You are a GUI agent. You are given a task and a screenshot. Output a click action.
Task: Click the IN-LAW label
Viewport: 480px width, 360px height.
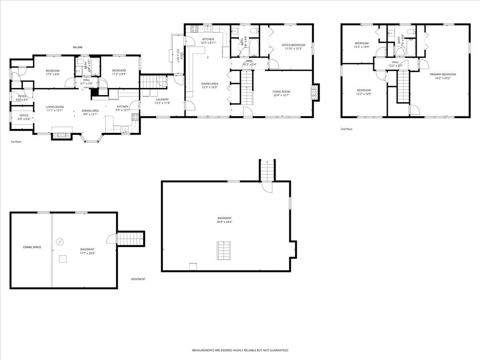coord(77,48)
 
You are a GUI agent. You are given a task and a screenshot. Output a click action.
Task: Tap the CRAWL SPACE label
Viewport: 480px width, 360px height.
coord(32,247)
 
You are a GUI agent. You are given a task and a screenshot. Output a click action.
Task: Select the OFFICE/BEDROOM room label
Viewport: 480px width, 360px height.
coord(293,45)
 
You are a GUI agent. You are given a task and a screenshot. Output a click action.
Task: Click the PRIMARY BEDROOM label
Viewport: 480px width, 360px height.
coord(443,74)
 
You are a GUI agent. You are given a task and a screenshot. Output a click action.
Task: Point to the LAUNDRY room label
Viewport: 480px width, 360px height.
coord(162,100)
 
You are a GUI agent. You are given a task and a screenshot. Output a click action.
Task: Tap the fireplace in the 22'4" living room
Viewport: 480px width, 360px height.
coord(316,92)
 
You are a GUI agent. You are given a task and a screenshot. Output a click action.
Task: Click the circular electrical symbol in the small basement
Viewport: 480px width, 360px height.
coord(60,242)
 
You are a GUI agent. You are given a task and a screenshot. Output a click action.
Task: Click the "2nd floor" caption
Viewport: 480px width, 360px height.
coord(346,129)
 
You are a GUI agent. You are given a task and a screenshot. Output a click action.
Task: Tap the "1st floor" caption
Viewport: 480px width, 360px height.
coord(16,142)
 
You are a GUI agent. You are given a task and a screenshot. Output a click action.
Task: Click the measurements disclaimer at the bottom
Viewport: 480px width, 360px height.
coord(240,350)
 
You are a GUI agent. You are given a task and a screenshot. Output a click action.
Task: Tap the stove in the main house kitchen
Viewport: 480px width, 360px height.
coord(194,28)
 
